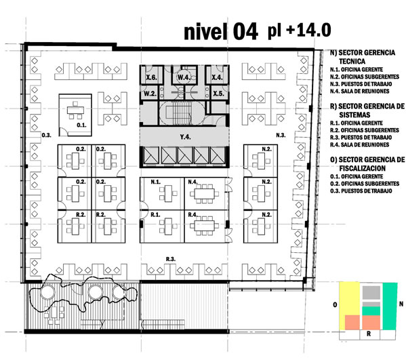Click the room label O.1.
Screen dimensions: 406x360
pyautogui.click(x=81, y=125)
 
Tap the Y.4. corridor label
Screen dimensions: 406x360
pyautogui.click(x=186, y=137)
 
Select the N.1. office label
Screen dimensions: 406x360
pyautogui.click(x=156, y=182)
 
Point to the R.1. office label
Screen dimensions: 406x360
pyautogui.click(x=155, y=215)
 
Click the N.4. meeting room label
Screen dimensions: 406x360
pyautogui.click(x=193, y=182)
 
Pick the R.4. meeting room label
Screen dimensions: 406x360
pyautogui.click(x=193, y=215)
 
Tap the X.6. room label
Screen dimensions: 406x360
pyautogui.click(x=151, y=77)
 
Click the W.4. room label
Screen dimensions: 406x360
pyautogui.click(x=184, y=77)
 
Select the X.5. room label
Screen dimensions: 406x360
pyautogui.click(x=218, y=94)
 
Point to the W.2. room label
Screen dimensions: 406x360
pyautogui.click(x=150, y=94)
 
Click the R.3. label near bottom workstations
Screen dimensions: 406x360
pyautogui.click(x=171, y=259)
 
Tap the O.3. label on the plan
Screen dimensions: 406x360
pyautogui.click(x=47, y=135)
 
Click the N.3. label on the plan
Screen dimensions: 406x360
pyautogui.click(x=281, y=135)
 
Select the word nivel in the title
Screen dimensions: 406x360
pyautogui.click(x=206, y=32)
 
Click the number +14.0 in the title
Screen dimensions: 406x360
pyautogui.click(x=308, y=30)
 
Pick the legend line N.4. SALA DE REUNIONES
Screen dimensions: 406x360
pyautogui.click(x=360, y=91)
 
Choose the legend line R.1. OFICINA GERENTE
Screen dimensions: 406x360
pyautogui.click(x=357, y=123)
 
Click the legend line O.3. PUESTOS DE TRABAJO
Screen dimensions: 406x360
pyautogui.click(x=361, y=191)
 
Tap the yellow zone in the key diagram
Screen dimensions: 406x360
pyautogui.click(x=350, y=298)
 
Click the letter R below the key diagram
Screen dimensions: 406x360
pyautogui.click(x=369, y=334)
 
